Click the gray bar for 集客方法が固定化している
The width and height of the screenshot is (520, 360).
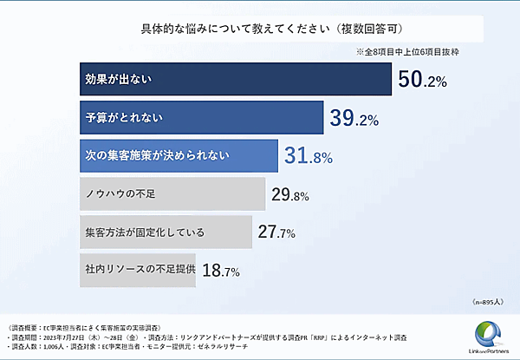tap(165, 232)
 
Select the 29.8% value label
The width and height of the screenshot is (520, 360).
tap(290, 195)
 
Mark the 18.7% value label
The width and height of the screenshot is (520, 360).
tap(221, 271)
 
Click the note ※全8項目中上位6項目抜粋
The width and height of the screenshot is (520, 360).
tap(413, 52)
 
